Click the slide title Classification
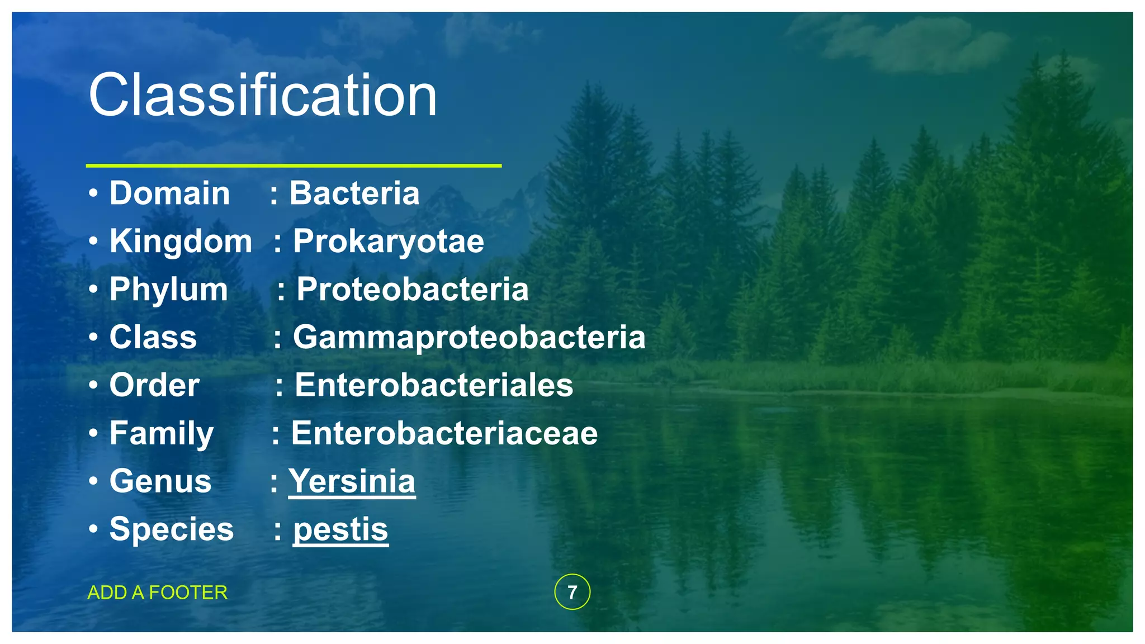coord(263,96)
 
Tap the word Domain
coord(169,193)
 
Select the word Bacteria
coord(354,193)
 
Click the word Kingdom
coord(181,241)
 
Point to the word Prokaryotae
coord(389,241)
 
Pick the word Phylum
coord(168,290)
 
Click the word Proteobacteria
coord(412,290)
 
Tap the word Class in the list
coord(153,338)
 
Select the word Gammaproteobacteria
coord(469,338)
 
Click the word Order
coord(154,386)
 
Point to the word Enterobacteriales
coord(434,386)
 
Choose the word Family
coord(162,434)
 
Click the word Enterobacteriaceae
coord(444,434)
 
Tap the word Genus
coord(160,482)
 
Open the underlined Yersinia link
coord(352,482)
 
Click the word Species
coord(172,529)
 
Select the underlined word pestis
coord(340,529)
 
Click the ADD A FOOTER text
coord(158,593)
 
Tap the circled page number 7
coord(572,592)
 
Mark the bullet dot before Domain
coord(93,194)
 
